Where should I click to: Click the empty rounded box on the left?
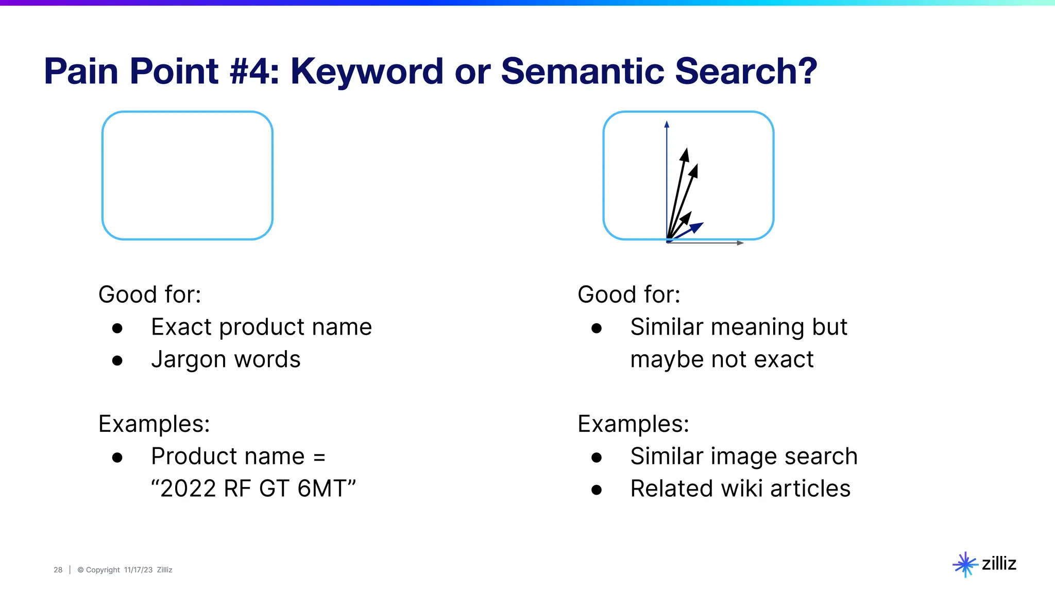coord(188,176)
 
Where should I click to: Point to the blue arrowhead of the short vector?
coord(696,226)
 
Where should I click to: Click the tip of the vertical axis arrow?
coord(667,124)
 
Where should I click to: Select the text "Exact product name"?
coord(261,327)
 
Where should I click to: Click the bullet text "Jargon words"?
coord(226,359)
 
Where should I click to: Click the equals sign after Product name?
coord(319,457)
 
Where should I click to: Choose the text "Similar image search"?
coord(744,456)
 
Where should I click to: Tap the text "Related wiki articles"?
coord(740,489)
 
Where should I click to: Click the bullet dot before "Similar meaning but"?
coord(597,328)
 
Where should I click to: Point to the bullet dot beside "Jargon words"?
coord(117,361)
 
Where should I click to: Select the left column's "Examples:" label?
coord(154,424)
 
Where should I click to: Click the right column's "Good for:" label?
coord(629,295)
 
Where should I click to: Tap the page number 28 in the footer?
coord(58,570)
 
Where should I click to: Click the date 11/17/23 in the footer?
coord(138,570)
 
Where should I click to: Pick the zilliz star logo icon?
coord(965,565)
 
